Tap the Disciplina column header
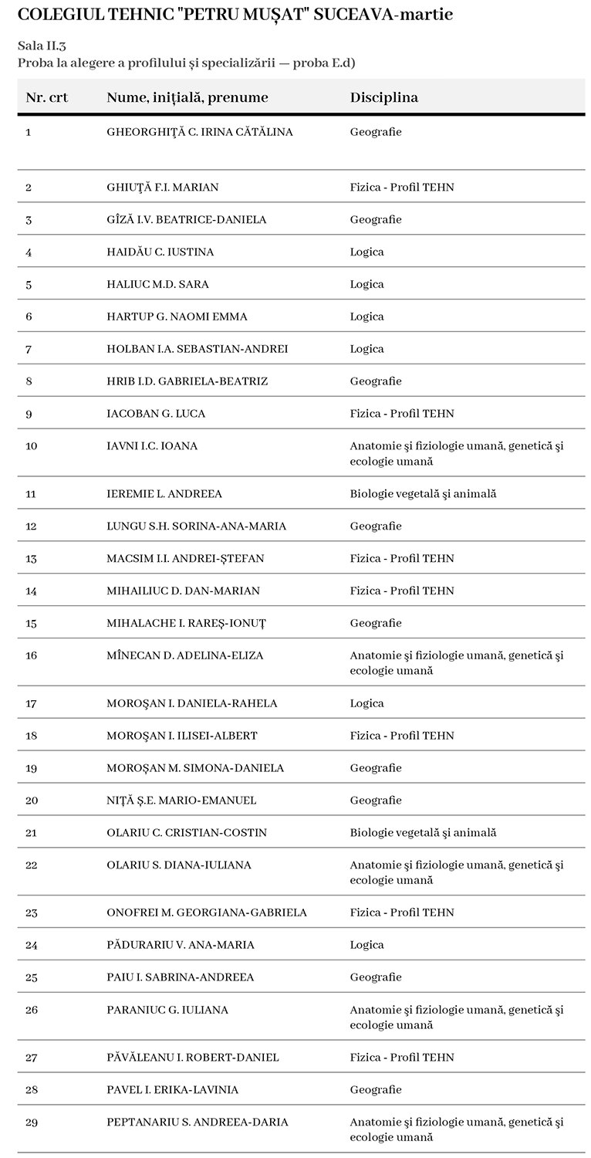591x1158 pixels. click(383, 98)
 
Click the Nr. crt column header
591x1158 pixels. click(47, 98)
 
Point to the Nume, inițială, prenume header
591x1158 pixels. click(187, 98)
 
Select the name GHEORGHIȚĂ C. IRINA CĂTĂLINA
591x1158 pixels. click(200, 132)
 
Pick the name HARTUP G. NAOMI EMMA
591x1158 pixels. click(177, 317)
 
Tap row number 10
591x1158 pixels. click(32, 446)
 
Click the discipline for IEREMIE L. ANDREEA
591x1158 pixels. click(423, 494)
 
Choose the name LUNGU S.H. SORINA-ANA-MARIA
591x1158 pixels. click(196, 527)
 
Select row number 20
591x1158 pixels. click(32, 801)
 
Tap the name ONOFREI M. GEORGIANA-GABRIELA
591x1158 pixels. click(207, 913)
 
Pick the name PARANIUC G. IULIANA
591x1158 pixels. click(167, 1010)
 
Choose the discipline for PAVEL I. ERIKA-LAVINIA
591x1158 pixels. click(376, 1090)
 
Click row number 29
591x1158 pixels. click(32, 1122)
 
